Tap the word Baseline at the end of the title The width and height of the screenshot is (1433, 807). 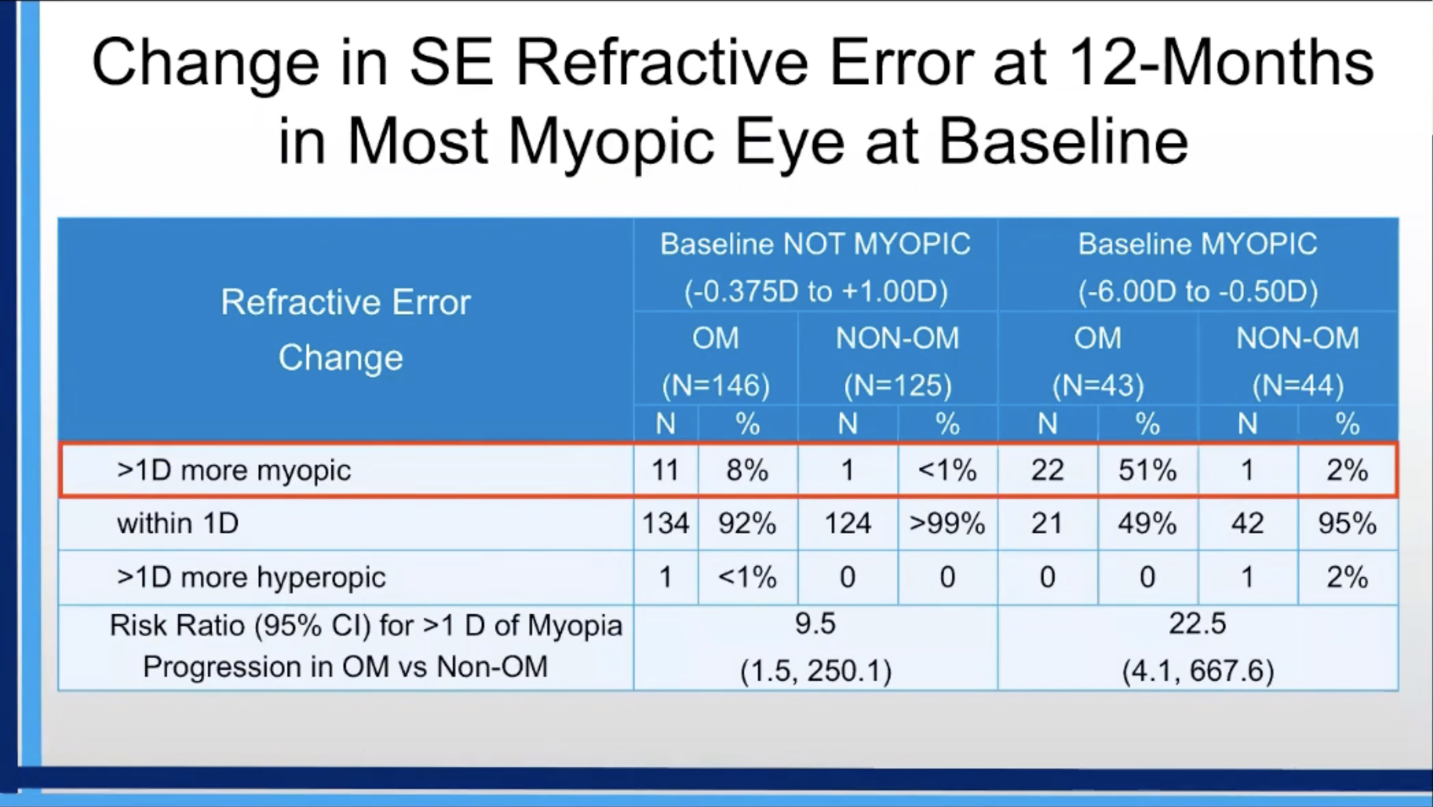tap(1063, 141)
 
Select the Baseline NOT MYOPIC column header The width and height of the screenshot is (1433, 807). tap(815, 244)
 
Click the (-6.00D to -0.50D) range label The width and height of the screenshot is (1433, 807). tap(1198, 291)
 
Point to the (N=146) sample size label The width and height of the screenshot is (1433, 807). tap(716, 385)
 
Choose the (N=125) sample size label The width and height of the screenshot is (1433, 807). tap(897, 385)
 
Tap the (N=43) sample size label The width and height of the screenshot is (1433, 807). tap(1097, 385)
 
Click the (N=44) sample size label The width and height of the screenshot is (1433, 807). tap(1297, 385)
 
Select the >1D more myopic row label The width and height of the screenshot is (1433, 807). tap(234, 470)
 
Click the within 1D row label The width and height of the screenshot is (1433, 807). tap(178, 523)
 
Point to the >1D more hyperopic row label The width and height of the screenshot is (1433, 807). tap(251, 577)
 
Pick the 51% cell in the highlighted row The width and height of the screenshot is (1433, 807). tap(1147, 470)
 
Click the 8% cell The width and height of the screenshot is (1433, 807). tap(747, 470)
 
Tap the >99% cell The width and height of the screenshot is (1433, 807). tap(947, 523)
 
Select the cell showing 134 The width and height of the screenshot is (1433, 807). tap(665, 523)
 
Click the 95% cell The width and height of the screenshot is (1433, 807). tap(1347, 523)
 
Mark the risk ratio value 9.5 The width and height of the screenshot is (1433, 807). tap(815, 624)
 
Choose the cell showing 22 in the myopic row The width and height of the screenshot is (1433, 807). tap(1047, 470)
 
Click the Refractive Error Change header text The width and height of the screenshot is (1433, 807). tap(345, 329)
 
